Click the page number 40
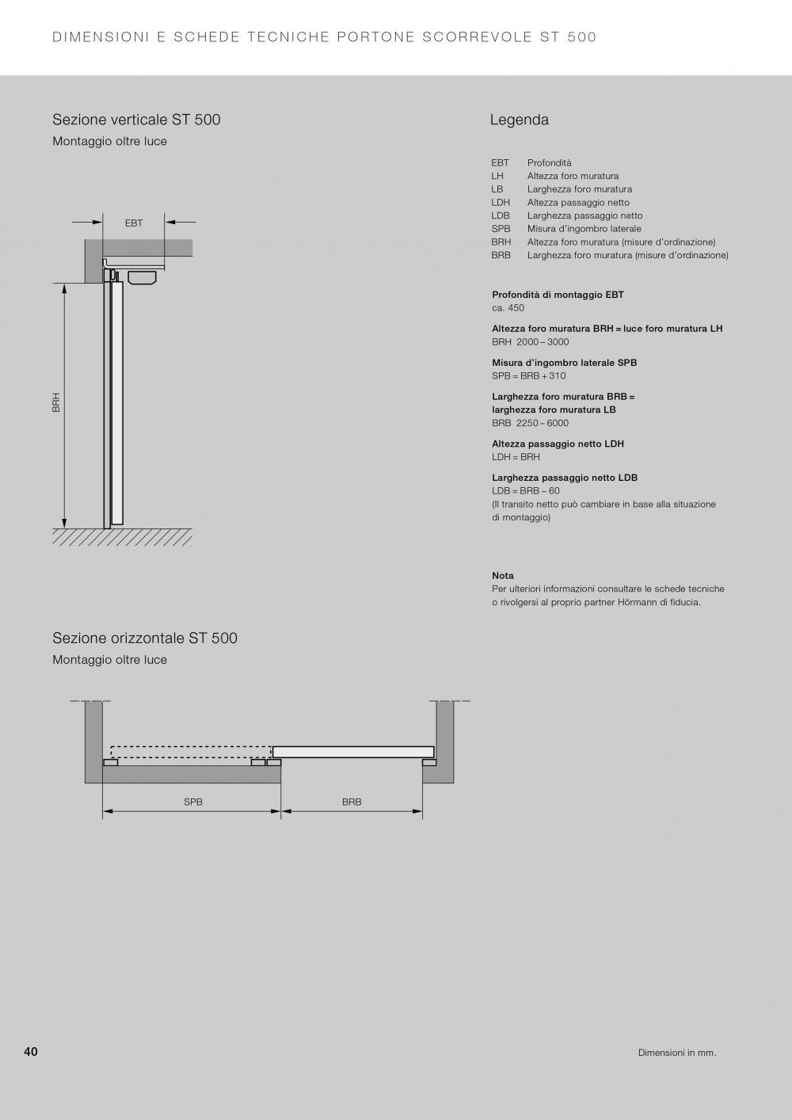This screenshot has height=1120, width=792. point(31,1052)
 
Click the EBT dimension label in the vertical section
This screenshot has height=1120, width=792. point(134,223)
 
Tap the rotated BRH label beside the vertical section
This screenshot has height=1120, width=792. point(56,402)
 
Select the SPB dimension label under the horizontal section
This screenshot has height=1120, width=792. point(193,802)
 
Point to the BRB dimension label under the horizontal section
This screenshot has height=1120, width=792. point(352,802)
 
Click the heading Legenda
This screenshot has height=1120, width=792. point(519,120)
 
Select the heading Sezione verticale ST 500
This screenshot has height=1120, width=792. point(136,120)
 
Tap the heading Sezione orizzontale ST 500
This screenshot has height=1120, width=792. point(145,638)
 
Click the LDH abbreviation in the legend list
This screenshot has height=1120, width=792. point(501,203)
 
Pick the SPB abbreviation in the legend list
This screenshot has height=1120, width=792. point(501,229)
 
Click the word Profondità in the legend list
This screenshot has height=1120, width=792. point(549,163)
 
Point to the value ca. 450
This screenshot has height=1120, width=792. point(508,308)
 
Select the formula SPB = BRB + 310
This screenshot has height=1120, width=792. point(528,376)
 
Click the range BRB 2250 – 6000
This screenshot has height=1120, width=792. point(530,423)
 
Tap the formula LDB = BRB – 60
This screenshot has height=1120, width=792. point(525,491)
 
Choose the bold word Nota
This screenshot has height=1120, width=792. point(503,576)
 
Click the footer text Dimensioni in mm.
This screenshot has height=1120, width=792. point(677,1053)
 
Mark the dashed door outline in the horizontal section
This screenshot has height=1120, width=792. point(190,752)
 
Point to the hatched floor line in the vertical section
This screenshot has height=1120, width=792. point(123,537)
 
